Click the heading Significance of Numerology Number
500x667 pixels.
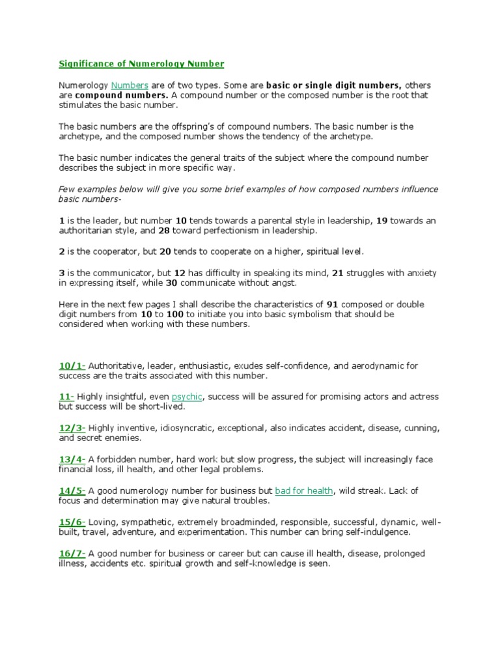pyautogui.click(x=141, y=64)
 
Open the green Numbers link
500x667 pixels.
pyautogui.click(x=130, y=85)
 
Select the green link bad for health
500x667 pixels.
pyautogui.click(x=304, y=490)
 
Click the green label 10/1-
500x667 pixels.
pyautogui.click(x=72, y=365)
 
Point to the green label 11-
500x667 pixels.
pyautogui.click(x=67, y=397)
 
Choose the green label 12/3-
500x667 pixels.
pyautogui.click(x=72, y=428)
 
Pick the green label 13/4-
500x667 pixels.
pyautogui.click(x=72, y=459)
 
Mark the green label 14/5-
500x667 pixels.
pyautogui.click(x=72, y=490)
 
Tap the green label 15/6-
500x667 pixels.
pyautogui.click(x=72, y=522)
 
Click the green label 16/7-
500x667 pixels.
pyautogui.click(x=72, y=553)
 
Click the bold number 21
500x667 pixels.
pyautogui.click(x=337, y=272)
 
